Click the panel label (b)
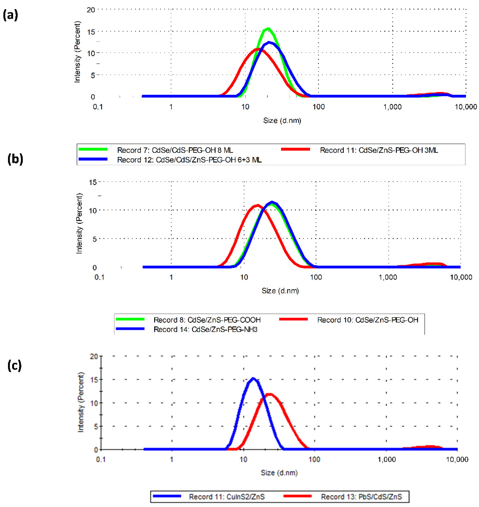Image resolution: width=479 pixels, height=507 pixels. pyautogui.click(x=15, y=159)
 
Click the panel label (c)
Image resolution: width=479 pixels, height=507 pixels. pyautogui.click(x=14, y=365)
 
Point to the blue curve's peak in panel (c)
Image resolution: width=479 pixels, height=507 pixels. pyautogui.click(x=253, y=378)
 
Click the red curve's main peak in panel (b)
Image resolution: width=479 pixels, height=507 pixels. pyautogui.click(x=258, y=205)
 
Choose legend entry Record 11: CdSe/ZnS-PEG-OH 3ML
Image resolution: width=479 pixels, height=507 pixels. pyautogui.click(x=379, y=150)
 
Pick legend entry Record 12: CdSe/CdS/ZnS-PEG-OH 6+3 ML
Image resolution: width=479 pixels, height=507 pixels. pyautogui.click(x=189, y=160)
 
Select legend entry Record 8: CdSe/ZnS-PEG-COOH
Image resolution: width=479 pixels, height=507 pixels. pyautogui.click(x=207, y=320)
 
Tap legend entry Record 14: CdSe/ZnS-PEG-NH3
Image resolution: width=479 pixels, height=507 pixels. pyautogui.click(x=205, y=329)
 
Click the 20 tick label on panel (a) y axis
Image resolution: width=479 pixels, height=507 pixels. pyautogui.click(x=91, y=10)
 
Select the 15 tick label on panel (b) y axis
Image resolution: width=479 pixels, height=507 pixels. pyautogui.click(x=92, y=182)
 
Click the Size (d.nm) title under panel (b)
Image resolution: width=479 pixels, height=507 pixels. pyautogui.click(x=280, y=291)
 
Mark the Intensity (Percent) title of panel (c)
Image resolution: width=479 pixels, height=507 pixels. pyautogui.click(x=81, y=402)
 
